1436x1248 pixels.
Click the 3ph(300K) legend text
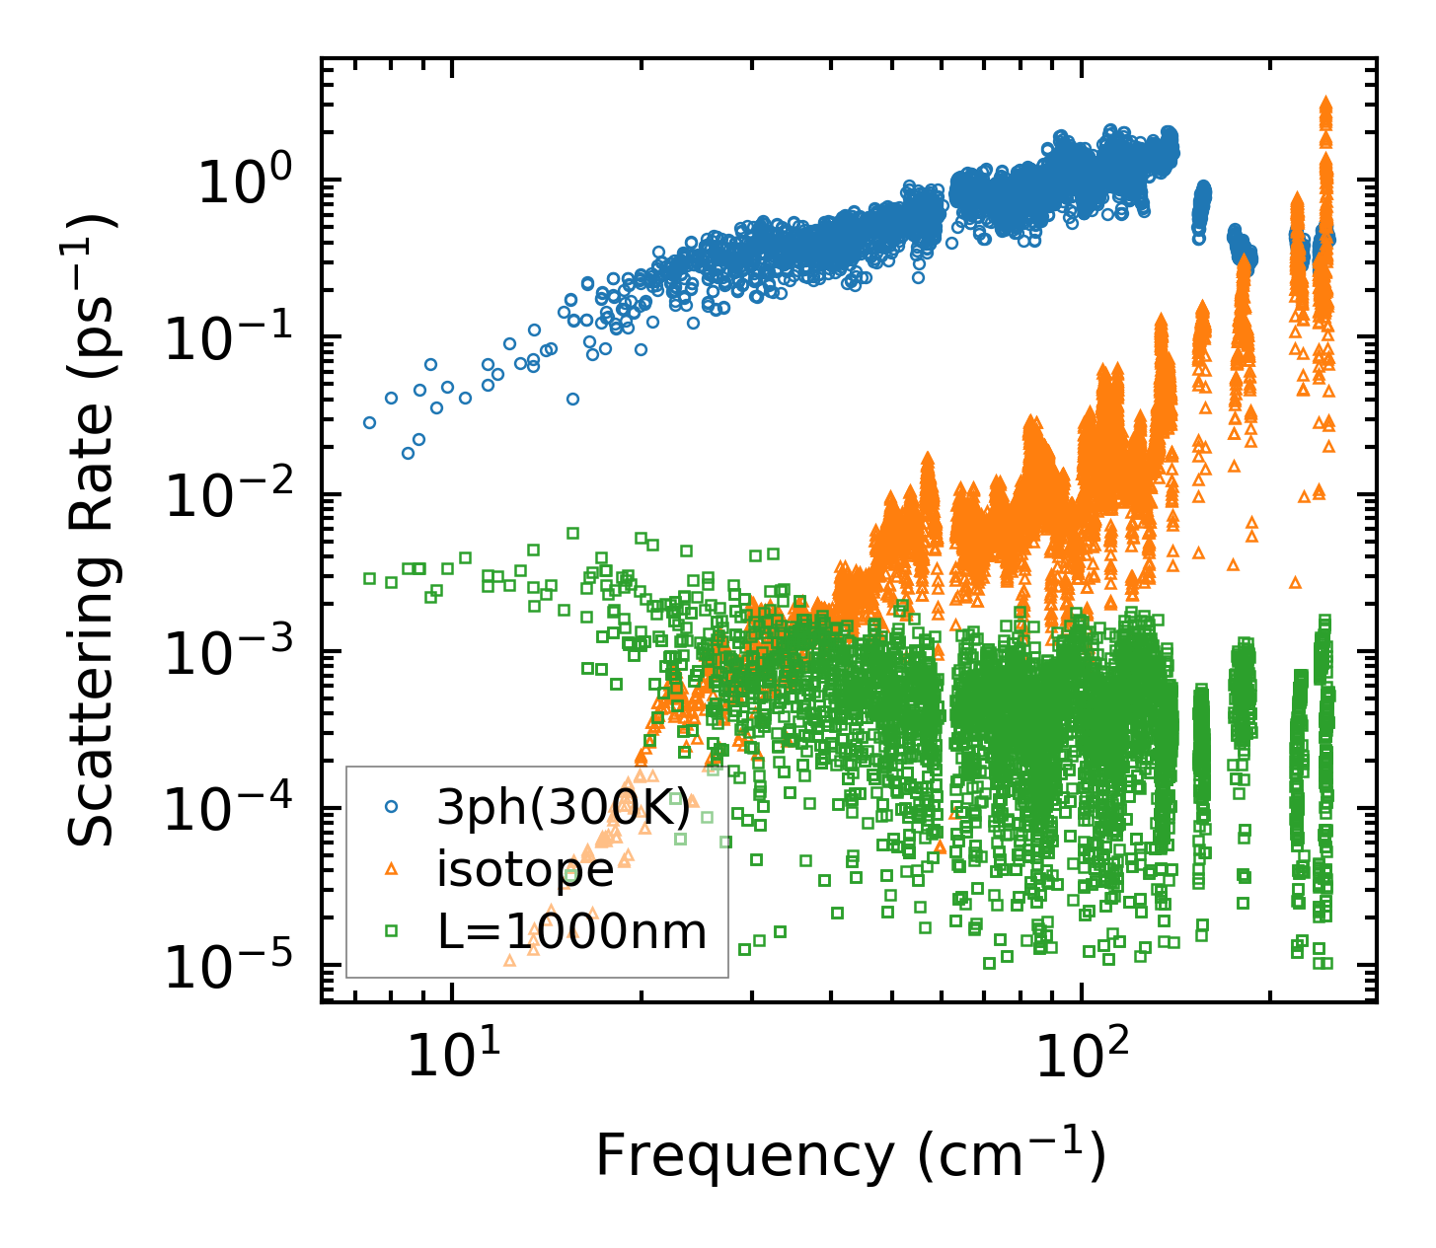coord(564,808)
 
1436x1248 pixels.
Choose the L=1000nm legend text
coord(571,930)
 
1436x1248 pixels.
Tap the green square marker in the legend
coord(392,929)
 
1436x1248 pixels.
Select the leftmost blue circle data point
coord(369,422)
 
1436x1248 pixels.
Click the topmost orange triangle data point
coord(1325,103)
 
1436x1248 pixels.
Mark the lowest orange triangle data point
coord(509,960)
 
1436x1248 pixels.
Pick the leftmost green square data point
coord(369,578)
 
